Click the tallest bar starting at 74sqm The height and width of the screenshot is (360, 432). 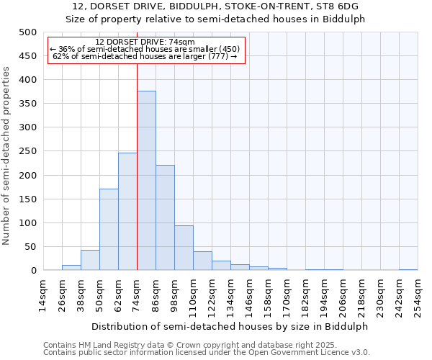(x=146, y=181)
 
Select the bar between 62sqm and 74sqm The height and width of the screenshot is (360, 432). (x=127, y=212)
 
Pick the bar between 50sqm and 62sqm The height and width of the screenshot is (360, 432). (x=109, y=230)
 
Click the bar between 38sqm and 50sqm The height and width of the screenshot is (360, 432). (x=90, y=260)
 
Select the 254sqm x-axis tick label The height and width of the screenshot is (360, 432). (x=418, y=296)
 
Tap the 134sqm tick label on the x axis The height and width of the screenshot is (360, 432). (x=230, y=296)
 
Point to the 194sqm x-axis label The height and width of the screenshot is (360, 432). (x=324, y=296)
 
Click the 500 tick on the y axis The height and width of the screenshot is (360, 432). (x=28, y=32)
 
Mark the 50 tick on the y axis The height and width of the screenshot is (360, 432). (x=30, y=246)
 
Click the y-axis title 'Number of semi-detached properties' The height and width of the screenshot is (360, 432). (x=7, y=156)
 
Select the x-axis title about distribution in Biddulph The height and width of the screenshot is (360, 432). (x=230, y=326)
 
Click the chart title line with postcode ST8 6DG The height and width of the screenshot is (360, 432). (x=216, y=6)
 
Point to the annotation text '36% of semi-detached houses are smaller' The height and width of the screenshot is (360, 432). (x=147, y=49)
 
